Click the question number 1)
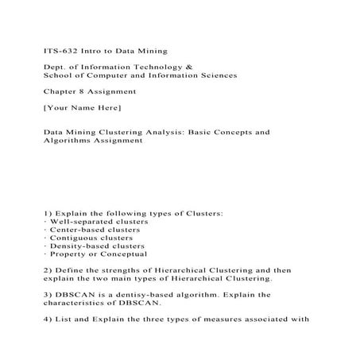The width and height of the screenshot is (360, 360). pyautogui.click(x=47, y=214)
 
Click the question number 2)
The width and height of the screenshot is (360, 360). pyautogui.click(x=47, y=271)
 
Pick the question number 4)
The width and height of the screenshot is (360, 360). pyautogui.click(x=47, y=320)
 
